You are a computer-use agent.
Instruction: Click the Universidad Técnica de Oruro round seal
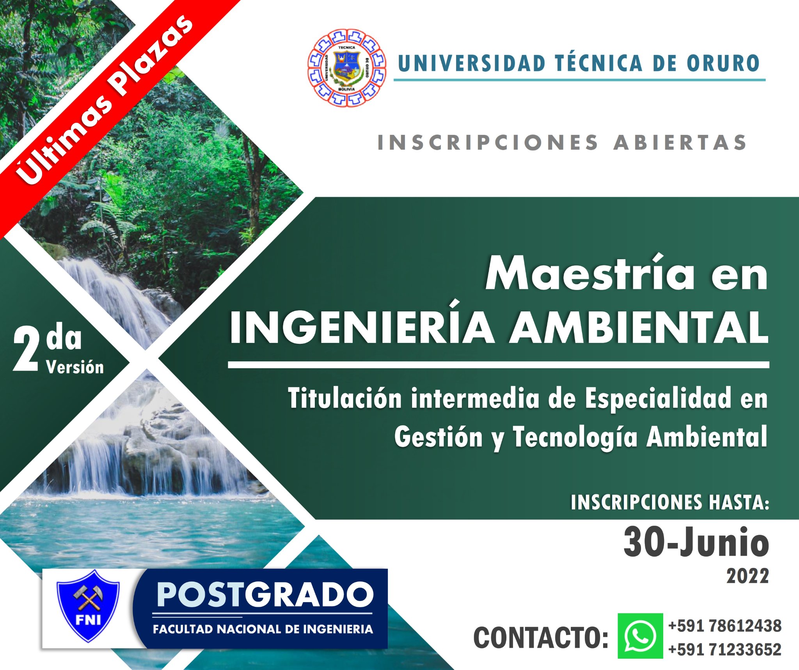coord(347,68)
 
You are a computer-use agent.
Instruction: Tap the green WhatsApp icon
coord(640,636)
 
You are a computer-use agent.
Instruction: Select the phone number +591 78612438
coord(725,626)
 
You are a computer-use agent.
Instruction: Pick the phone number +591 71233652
coord(725,650)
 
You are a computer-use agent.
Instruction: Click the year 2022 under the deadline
coord(748,576)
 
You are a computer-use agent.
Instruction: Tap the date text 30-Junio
coord(696,542)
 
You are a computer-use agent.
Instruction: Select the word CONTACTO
coord(541,638)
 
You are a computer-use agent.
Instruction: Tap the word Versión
coord(75,367)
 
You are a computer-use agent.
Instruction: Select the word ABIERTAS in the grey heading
coord(680,142)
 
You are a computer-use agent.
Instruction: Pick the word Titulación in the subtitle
coord(345,398)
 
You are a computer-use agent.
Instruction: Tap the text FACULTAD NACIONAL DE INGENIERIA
coord(263,629)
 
